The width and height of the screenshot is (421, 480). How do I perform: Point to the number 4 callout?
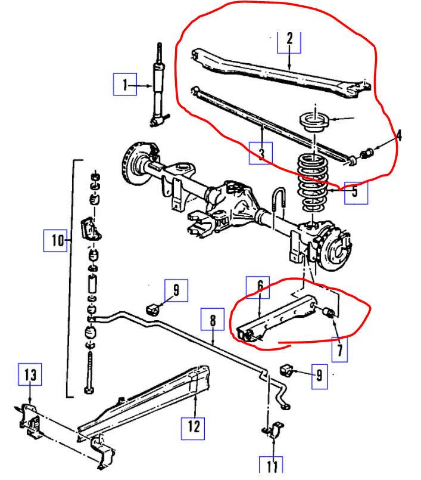[x=399, y=136]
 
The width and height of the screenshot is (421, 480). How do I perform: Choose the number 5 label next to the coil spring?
[x=355, y=191]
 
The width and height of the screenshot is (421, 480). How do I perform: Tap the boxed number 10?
[x=57, y=240]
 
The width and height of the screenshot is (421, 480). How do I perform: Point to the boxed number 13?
[x=30, y=375]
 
